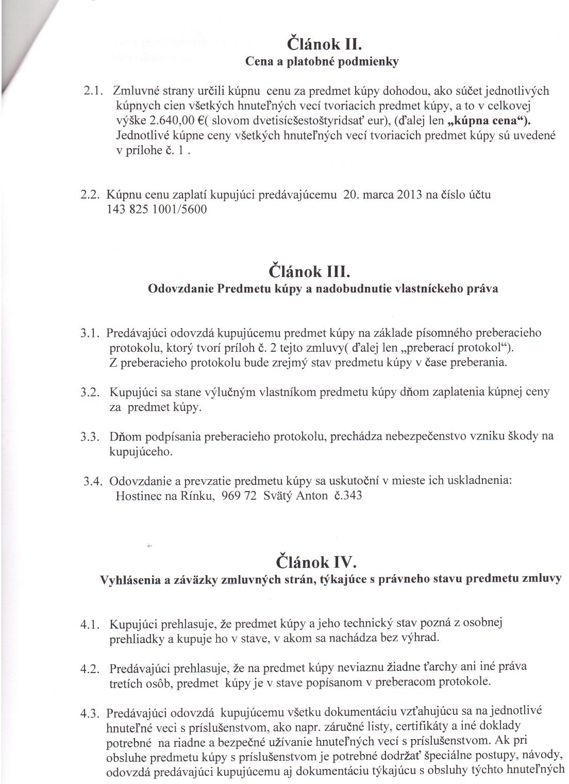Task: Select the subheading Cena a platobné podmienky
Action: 322,62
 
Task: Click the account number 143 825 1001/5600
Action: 157,210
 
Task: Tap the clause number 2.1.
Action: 94,91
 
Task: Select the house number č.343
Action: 348,496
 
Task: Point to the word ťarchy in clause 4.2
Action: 432,667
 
